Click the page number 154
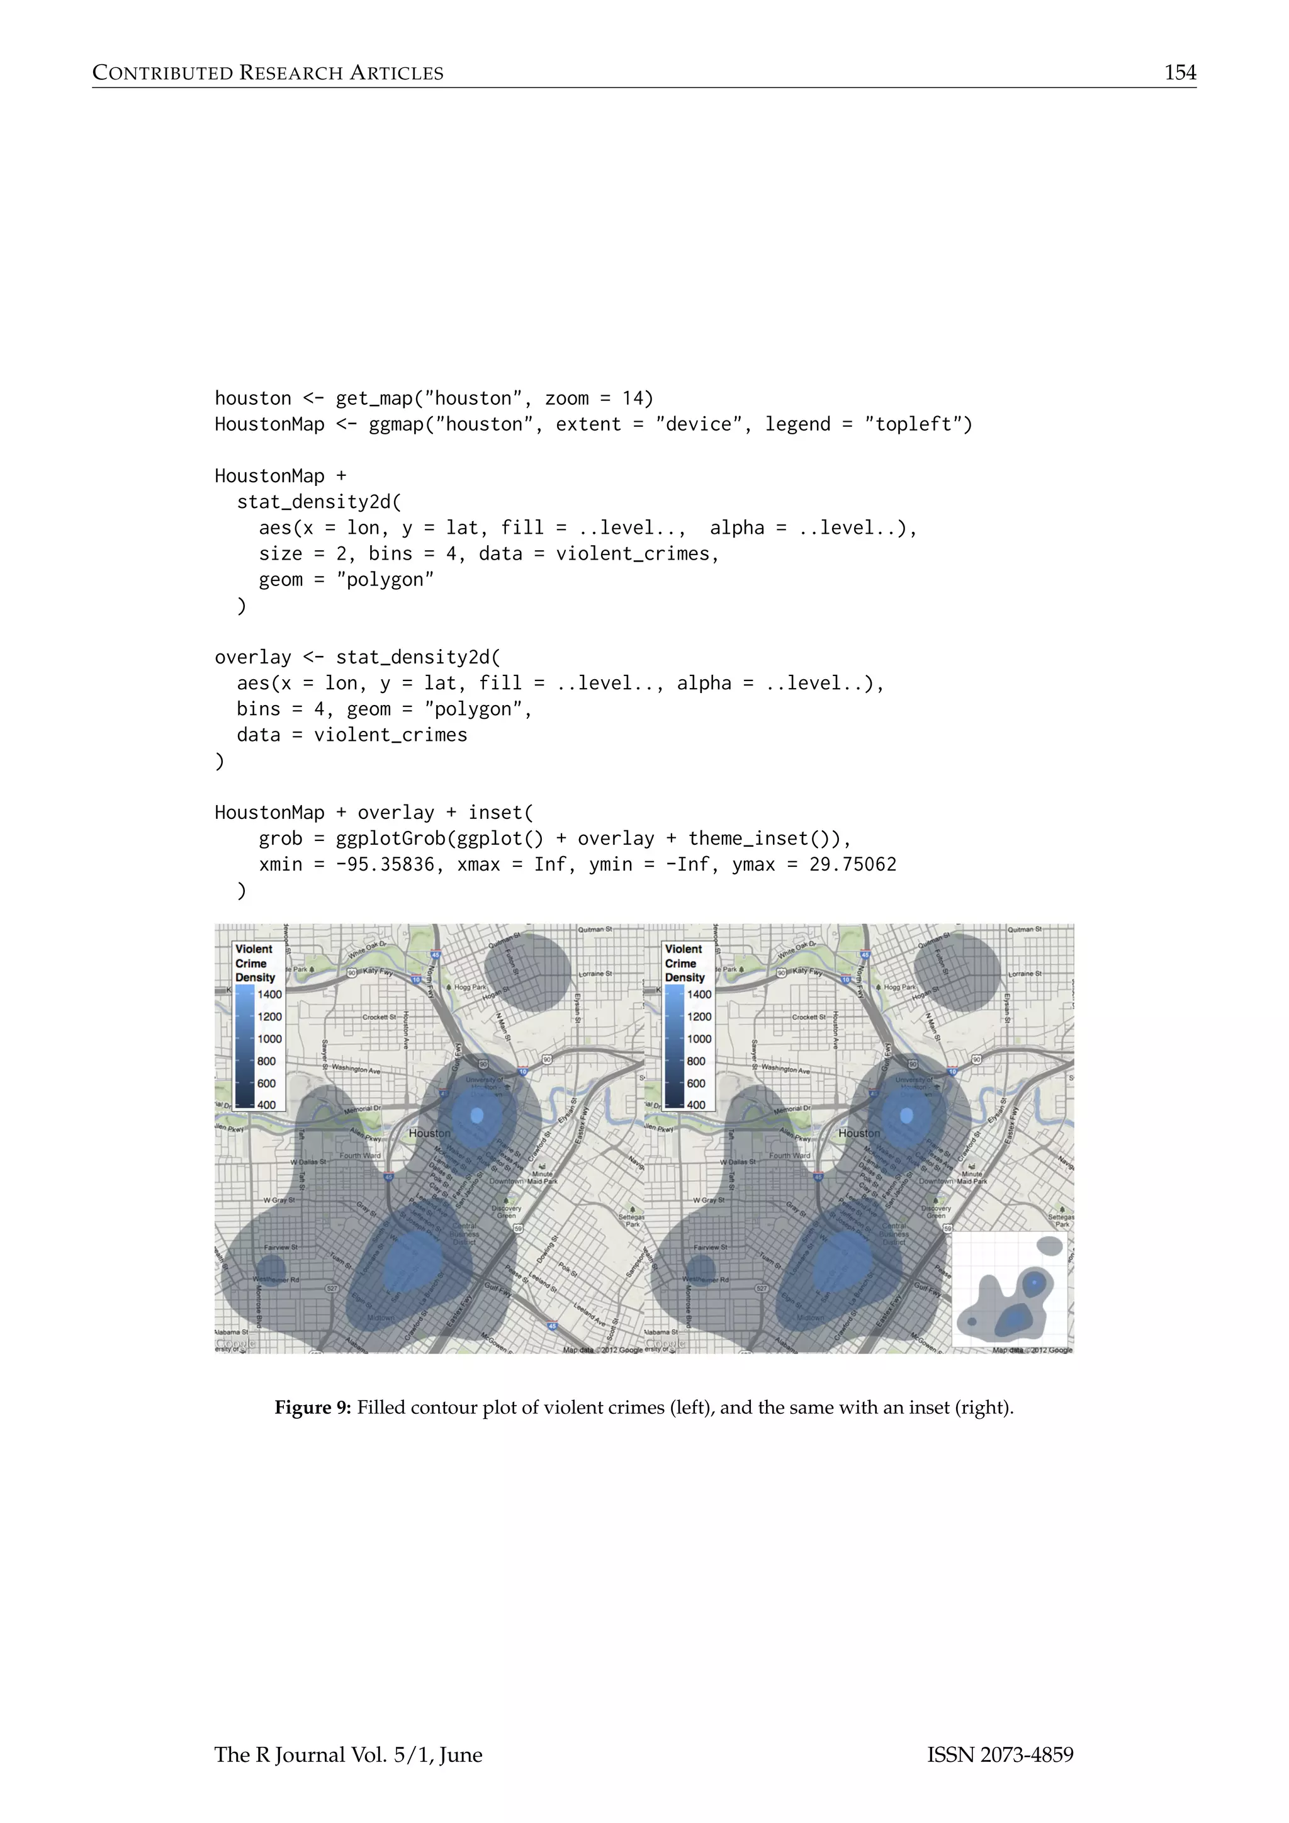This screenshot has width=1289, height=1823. pyautogui.click(x=1179, y=73)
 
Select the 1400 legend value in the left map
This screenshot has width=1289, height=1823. pyautogui.click(x=270, y=994)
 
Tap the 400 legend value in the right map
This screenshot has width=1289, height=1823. pyautogui.click(x=696, y=1105)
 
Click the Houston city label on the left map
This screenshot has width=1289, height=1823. pyautogui.click(x=429, y=1133)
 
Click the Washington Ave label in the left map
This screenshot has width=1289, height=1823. pyautogui.click(x=356, y=1069)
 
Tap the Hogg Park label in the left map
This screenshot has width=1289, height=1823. pyautogui.click(x=470, y=987)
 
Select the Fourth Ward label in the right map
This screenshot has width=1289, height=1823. pyautogui.click(x=790, y=1155)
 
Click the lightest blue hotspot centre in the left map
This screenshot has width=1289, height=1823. pyautogui.click(x=477, y=1115)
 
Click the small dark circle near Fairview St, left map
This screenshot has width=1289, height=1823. pyautogui.click(x=271, y=1267)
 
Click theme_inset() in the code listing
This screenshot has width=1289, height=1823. pyautogui.click(x=763, y=838)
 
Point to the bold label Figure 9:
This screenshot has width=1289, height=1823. pyautogui.click(x=312, y=1408)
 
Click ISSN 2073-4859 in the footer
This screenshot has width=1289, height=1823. pyautogui.click(x=1000, y=1755)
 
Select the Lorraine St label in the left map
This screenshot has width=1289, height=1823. pyautogui.click(x=595, y=973)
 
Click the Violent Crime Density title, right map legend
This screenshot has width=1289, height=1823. pyautogui.click(x=684, y=963)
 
